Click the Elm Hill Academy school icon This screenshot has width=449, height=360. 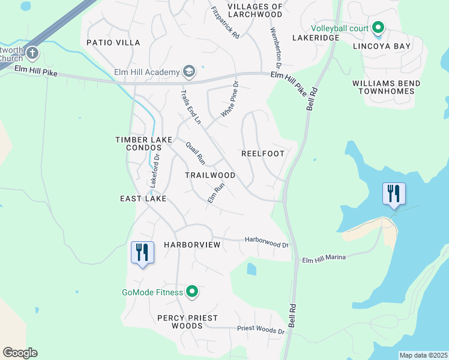click(x=190, y=72)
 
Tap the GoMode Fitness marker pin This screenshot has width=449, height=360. click(x=192, y=292)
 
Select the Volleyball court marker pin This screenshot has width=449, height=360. click(x=378, y=28)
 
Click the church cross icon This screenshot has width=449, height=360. click(x=32, y=53)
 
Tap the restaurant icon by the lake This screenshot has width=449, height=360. click(x=394, y=194)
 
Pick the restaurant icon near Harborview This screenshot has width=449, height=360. click(x=142, y=252)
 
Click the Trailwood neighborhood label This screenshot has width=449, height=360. click(x=210, y=175)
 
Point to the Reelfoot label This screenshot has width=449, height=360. click(x=262, y=154)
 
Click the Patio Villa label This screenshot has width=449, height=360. click(x=113, y=43)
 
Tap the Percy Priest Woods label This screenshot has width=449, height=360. click(x=187, y=322)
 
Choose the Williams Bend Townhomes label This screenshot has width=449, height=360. click(x=386, y=87)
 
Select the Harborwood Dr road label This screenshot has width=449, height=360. click(x=267, y=242)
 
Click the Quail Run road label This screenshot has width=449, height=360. click(x=196, y=153)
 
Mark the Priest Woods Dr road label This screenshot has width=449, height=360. click(x=261, y=329)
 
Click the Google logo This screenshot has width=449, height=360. click(x=20, y=353)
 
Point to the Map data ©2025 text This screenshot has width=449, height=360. click(x=423, y=355)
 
